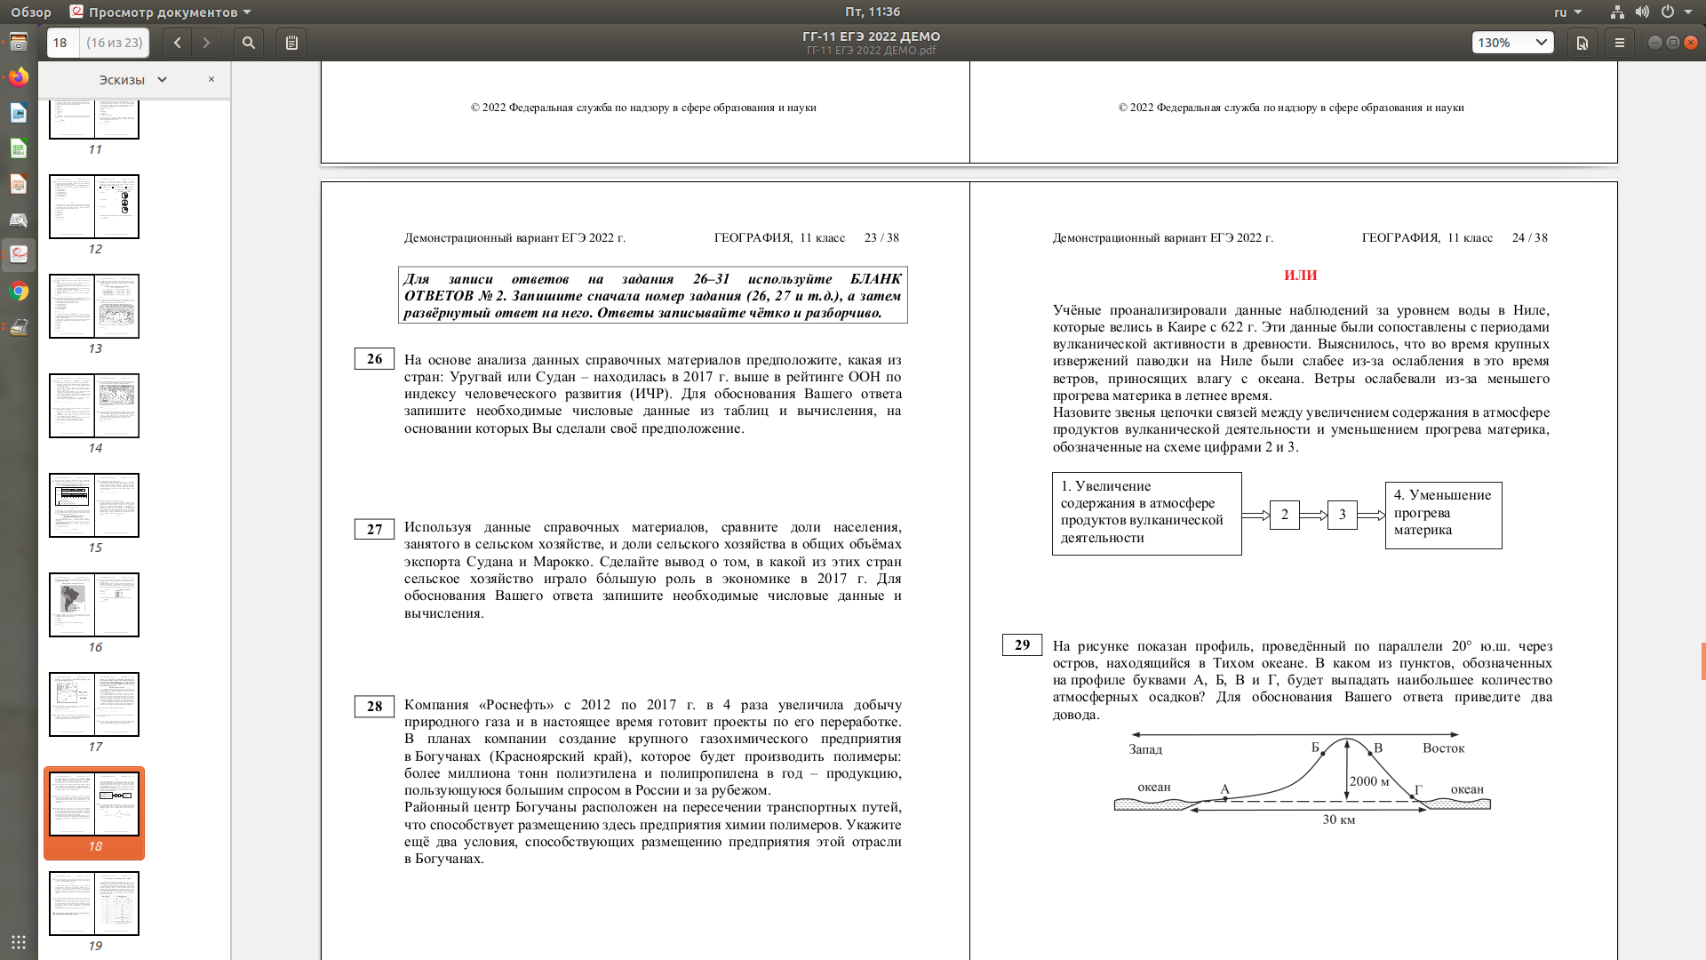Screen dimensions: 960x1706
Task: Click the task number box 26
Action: click(374, 359)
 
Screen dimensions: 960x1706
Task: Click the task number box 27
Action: click(374, 530)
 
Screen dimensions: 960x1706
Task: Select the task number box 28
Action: click(374, 707)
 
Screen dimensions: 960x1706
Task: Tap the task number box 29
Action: click(1022, 645)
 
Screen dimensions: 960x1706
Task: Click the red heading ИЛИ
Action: click(1300, 276)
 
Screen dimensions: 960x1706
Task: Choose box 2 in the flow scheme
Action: click(1284, 515)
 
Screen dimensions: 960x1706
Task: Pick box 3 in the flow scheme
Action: click(1342, 515)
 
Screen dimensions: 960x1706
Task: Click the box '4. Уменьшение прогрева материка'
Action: click(1443, 514)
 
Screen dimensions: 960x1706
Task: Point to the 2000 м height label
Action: click(1369, 781)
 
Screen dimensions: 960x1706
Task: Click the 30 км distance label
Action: click(1338, 820)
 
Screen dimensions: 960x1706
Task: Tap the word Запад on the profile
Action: click(1145, 749)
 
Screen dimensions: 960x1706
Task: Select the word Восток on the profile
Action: click(1443, 748)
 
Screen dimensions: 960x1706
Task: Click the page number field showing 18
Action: click(61, 43)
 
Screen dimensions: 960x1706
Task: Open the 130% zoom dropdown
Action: click(1512, 43)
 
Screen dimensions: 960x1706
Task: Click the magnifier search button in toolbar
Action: click(249, 43)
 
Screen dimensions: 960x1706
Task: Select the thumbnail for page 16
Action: click(94, 604)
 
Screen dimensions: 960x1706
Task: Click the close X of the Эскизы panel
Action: click(211, 79)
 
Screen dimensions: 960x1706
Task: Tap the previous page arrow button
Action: click(178, 43)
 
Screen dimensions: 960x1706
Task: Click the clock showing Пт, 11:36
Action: click(872, 12)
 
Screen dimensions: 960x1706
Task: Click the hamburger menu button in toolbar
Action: click(1620, 43)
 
